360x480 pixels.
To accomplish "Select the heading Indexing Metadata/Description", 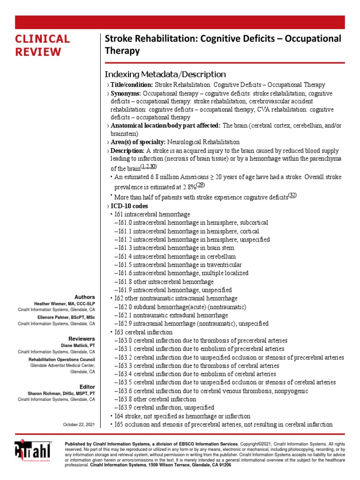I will click(x=165, y=74).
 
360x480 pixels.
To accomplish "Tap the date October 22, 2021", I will click(x=79, y=425).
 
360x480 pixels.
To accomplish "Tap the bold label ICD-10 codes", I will click(x=129, y=206).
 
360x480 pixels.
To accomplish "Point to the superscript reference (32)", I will click(x=292, y=195).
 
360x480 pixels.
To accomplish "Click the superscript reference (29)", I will click(x=201, y=185).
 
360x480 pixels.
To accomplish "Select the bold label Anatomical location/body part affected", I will click(x=165, y=126).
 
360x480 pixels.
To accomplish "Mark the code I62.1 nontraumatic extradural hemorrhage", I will click(x=171, y=315).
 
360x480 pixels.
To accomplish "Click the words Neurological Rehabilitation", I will click(x=203, y=142).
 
